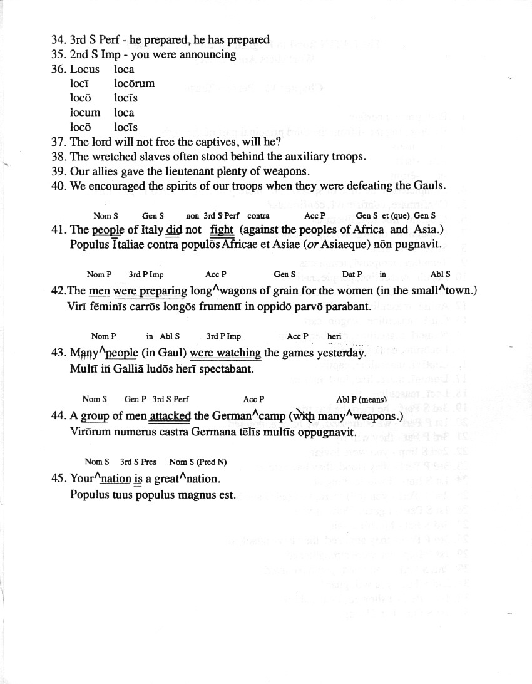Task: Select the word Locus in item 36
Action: click(84, 69)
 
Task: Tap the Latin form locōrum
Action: click(134, 83)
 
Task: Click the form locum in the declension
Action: click(84, 113)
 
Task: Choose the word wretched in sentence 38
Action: click(112, 156)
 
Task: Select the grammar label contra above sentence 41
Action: click(258, 216)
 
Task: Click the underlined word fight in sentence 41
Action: click(222, 230)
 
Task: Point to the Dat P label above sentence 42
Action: click(352, 275)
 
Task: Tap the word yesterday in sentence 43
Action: click(340, 353)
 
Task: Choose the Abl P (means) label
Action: click(361, 400)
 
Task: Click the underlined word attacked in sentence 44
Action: click(170, 417)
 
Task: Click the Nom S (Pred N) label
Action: click(198, 462)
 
